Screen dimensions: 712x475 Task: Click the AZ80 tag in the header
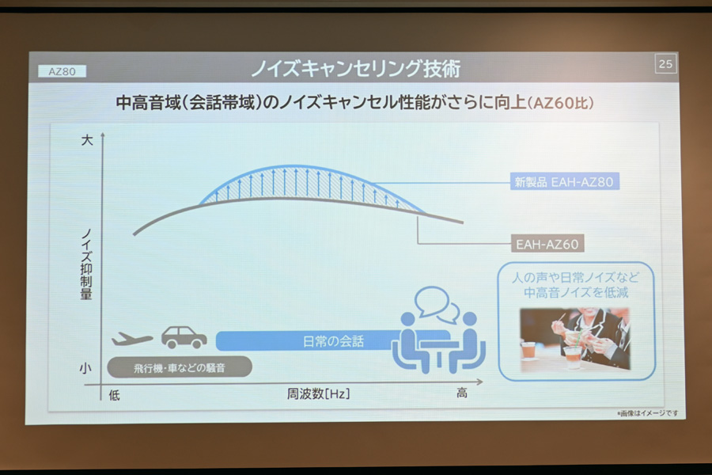(x=62, y=71)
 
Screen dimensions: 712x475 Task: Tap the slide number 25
(x=665, y=64)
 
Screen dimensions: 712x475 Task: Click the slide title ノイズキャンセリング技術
(x=355, y=69)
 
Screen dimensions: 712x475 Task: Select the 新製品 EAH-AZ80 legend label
(x=564, y=182)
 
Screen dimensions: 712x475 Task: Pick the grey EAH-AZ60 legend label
(x=547, y=244)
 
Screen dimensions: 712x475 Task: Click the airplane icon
(x=132, y=339)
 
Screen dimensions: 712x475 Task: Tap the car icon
(x=184, y=337)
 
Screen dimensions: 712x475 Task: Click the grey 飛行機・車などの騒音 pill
(x=180, y=367)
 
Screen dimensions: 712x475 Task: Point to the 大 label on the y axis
(x=87, y=140)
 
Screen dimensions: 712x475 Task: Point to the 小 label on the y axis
(x=85, y=368)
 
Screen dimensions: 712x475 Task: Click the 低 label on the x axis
(x=115, y=396)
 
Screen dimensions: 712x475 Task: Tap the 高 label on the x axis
(x=462, y=393)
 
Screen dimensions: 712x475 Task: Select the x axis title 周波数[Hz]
(x=318, y=393)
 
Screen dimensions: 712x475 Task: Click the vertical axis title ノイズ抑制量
(x=86, y=264)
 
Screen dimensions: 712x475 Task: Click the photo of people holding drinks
(x=575, y=339)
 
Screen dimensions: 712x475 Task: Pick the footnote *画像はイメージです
(x=647, y=413)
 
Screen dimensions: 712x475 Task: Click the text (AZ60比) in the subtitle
(x=561, y=103)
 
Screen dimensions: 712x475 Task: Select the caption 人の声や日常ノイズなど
(x=575, y=277)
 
